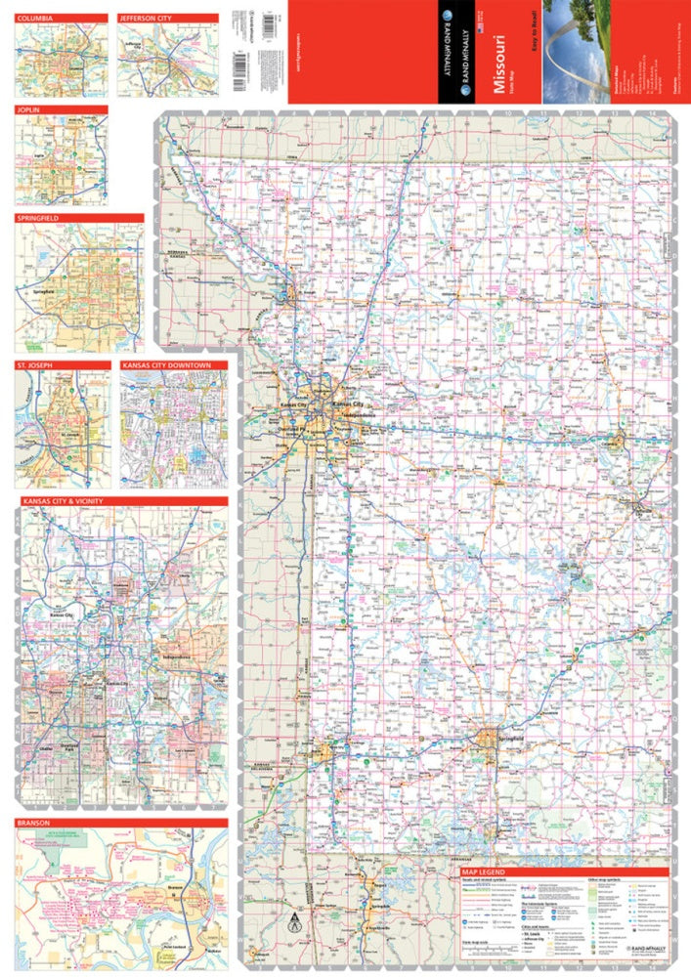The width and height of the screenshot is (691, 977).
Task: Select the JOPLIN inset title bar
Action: (29, 110)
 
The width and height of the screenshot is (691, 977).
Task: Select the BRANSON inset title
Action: (34, 823)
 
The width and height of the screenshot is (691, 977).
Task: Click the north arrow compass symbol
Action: (291, 919)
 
